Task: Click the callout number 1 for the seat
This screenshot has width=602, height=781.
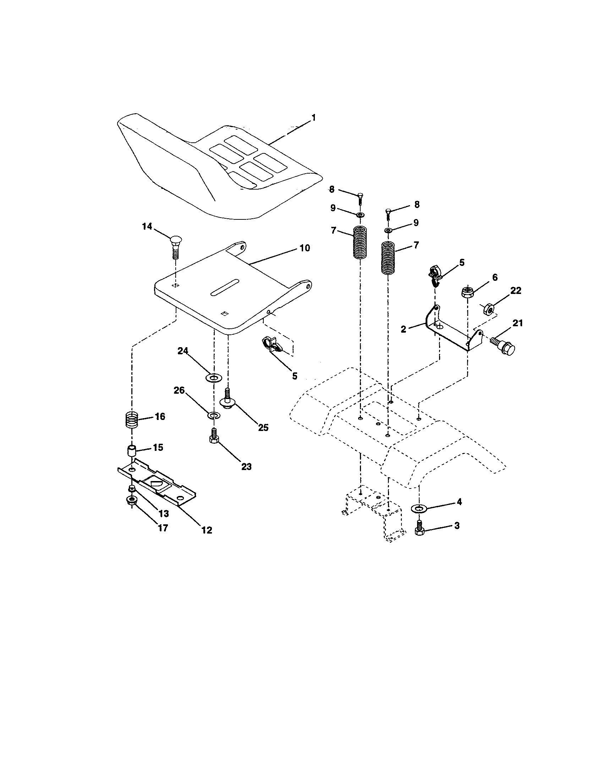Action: pos(313,118)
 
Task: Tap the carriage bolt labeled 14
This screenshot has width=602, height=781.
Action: pos(174,245)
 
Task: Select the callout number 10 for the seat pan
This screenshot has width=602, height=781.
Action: pos(304,248)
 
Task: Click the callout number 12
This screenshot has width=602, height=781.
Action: pos(206,530)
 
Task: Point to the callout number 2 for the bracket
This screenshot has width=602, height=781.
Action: pos(403,329)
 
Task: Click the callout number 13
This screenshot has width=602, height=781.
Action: pos(163,514)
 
